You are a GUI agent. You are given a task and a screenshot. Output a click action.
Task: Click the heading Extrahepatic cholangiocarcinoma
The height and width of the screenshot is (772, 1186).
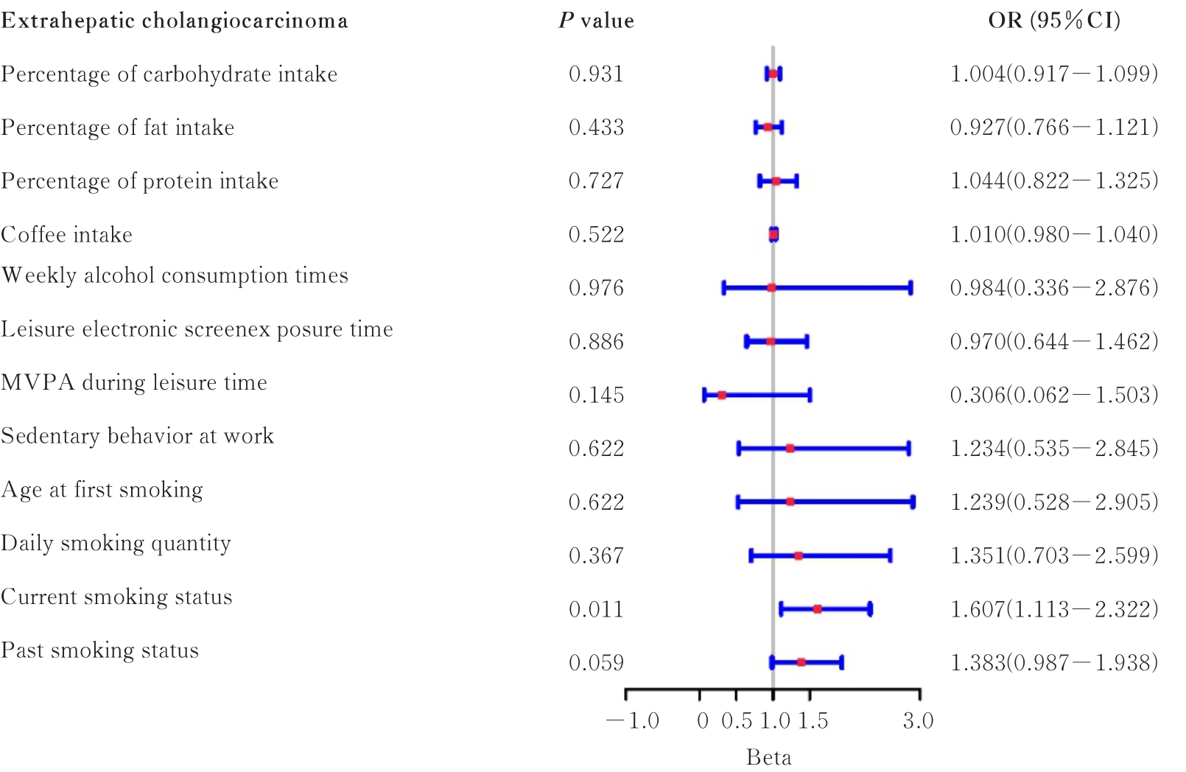point(174,21)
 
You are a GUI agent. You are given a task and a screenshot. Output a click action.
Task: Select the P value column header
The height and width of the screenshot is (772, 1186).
point(596,21)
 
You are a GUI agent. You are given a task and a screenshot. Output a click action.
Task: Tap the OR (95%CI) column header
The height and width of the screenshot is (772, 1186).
point(1054,21)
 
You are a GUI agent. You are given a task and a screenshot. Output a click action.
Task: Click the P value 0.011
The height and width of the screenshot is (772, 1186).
point(596,609)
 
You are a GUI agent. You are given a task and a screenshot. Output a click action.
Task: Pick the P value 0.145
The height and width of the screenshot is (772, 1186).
point(596,395)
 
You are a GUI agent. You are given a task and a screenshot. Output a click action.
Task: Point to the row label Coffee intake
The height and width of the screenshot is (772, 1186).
point(67,234)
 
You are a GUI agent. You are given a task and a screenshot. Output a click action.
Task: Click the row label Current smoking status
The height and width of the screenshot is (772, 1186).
point(116,597)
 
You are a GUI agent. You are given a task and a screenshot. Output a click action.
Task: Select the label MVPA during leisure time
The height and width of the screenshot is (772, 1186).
point(134,382)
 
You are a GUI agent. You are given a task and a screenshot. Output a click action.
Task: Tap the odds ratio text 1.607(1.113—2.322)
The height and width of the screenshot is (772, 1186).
point(1054,609)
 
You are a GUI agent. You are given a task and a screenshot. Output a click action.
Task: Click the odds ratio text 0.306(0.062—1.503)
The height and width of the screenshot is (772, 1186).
point(1054,395)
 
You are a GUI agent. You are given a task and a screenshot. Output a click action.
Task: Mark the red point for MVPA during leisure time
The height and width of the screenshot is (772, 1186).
point(722,396)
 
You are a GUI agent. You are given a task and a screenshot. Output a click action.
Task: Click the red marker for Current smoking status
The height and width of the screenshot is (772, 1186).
point(817,609)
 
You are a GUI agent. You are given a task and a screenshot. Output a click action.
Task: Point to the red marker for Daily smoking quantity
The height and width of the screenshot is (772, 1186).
point(799,555)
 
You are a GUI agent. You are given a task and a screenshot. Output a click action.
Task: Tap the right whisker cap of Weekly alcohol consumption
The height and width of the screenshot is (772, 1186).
point(911,288)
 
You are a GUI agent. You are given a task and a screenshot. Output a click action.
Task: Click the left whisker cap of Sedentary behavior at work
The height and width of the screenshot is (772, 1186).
point(739,449)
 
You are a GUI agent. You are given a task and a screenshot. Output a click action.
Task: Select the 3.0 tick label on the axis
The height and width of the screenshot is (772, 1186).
point(918,720)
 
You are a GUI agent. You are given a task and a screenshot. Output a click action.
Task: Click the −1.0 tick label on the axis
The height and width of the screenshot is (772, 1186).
point(633,720)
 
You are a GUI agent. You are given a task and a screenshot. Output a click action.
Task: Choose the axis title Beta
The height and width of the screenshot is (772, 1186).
point(768,757)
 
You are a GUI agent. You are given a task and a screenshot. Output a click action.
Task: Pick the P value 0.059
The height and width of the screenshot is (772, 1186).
point(596,663)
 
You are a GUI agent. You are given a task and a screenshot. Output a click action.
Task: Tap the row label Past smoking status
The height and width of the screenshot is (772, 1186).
point(100,650)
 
